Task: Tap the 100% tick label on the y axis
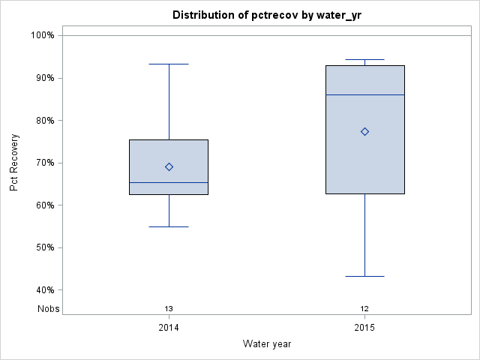coord(42,35)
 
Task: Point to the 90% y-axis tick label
coord(44,78)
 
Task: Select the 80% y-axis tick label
coord(44,120)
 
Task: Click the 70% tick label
coord(44,163)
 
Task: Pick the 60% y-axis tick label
coord(44,205)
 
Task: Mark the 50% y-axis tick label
coord(44,247)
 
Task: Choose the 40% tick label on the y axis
coord(44,290)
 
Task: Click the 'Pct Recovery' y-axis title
coord(14,163)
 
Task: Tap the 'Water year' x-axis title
coord(266,344)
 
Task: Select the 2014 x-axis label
coord(169,328)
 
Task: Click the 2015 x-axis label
coord(364,328)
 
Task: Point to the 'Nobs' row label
coord(49,309)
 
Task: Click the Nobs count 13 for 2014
coord(169,309)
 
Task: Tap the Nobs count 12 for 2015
coord(364,309)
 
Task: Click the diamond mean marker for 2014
coord(169,167)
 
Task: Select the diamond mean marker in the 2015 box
coord(364,131)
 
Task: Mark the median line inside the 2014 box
coord(169,182)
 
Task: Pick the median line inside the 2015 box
coord(364,94)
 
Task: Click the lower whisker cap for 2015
coord(364,276)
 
